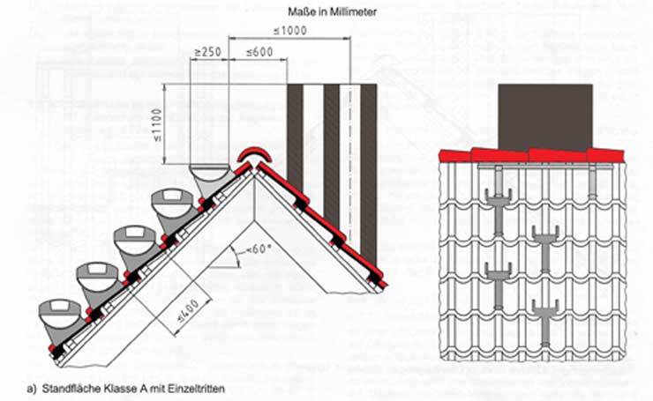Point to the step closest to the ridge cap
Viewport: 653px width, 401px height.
pos(209,178)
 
